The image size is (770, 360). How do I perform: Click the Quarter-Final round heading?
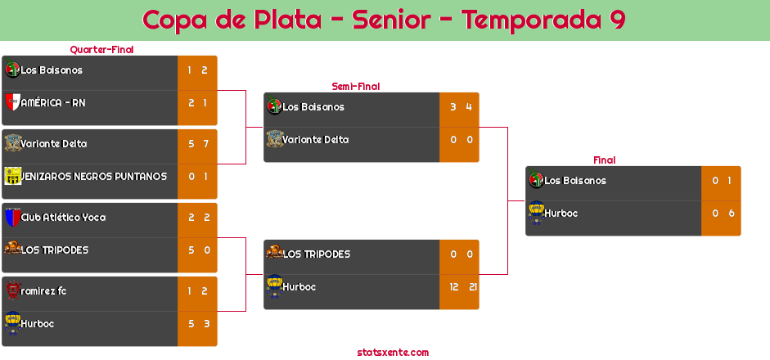(x=101, y=50)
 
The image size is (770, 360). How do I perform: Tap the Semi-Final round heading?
(x=356, y=87)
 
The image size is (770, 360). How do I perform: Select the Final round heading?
(x=605, y=160)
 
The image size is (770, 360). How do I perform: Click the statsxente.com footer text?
(x=393, y=352)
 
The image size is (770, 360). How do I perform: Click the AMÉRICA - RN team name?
(x=53, y=103)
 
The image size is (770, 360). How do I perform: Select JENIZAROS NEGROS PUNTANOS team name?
(x=94, y=176)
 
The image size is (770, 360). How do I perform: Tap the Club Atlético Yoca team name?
(x=63, y=217)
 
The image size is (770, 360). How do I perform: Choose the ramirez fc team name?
(x=43, y=290)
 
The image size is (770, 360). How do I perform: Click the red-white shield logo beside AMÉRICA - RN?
(x=12, y=102)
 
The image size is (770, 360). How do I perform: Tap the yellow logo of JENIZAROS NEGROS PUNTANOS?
(x=12, y=176)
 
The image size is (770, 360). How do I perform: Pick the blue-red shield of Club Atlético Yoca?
(x=12, y=217)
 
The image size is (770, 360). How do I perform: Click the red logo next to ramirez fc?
(x=12, y=290)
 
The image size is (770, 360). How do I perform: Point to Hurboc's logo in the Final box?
(x=536, y=213)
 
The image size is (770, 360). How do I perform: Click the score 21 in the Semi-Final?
(x=473, y=287)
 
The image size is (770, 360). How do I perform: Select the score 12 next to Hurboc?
(x=454, y=287)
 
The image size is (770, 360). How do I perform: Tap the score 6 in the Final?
(x=732, y=214)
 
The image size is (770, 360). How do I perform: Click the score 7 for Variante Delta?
(x=205, y=144)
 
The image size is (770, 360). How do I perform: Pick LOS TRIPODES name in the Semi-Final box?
(x=316, y=254)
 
